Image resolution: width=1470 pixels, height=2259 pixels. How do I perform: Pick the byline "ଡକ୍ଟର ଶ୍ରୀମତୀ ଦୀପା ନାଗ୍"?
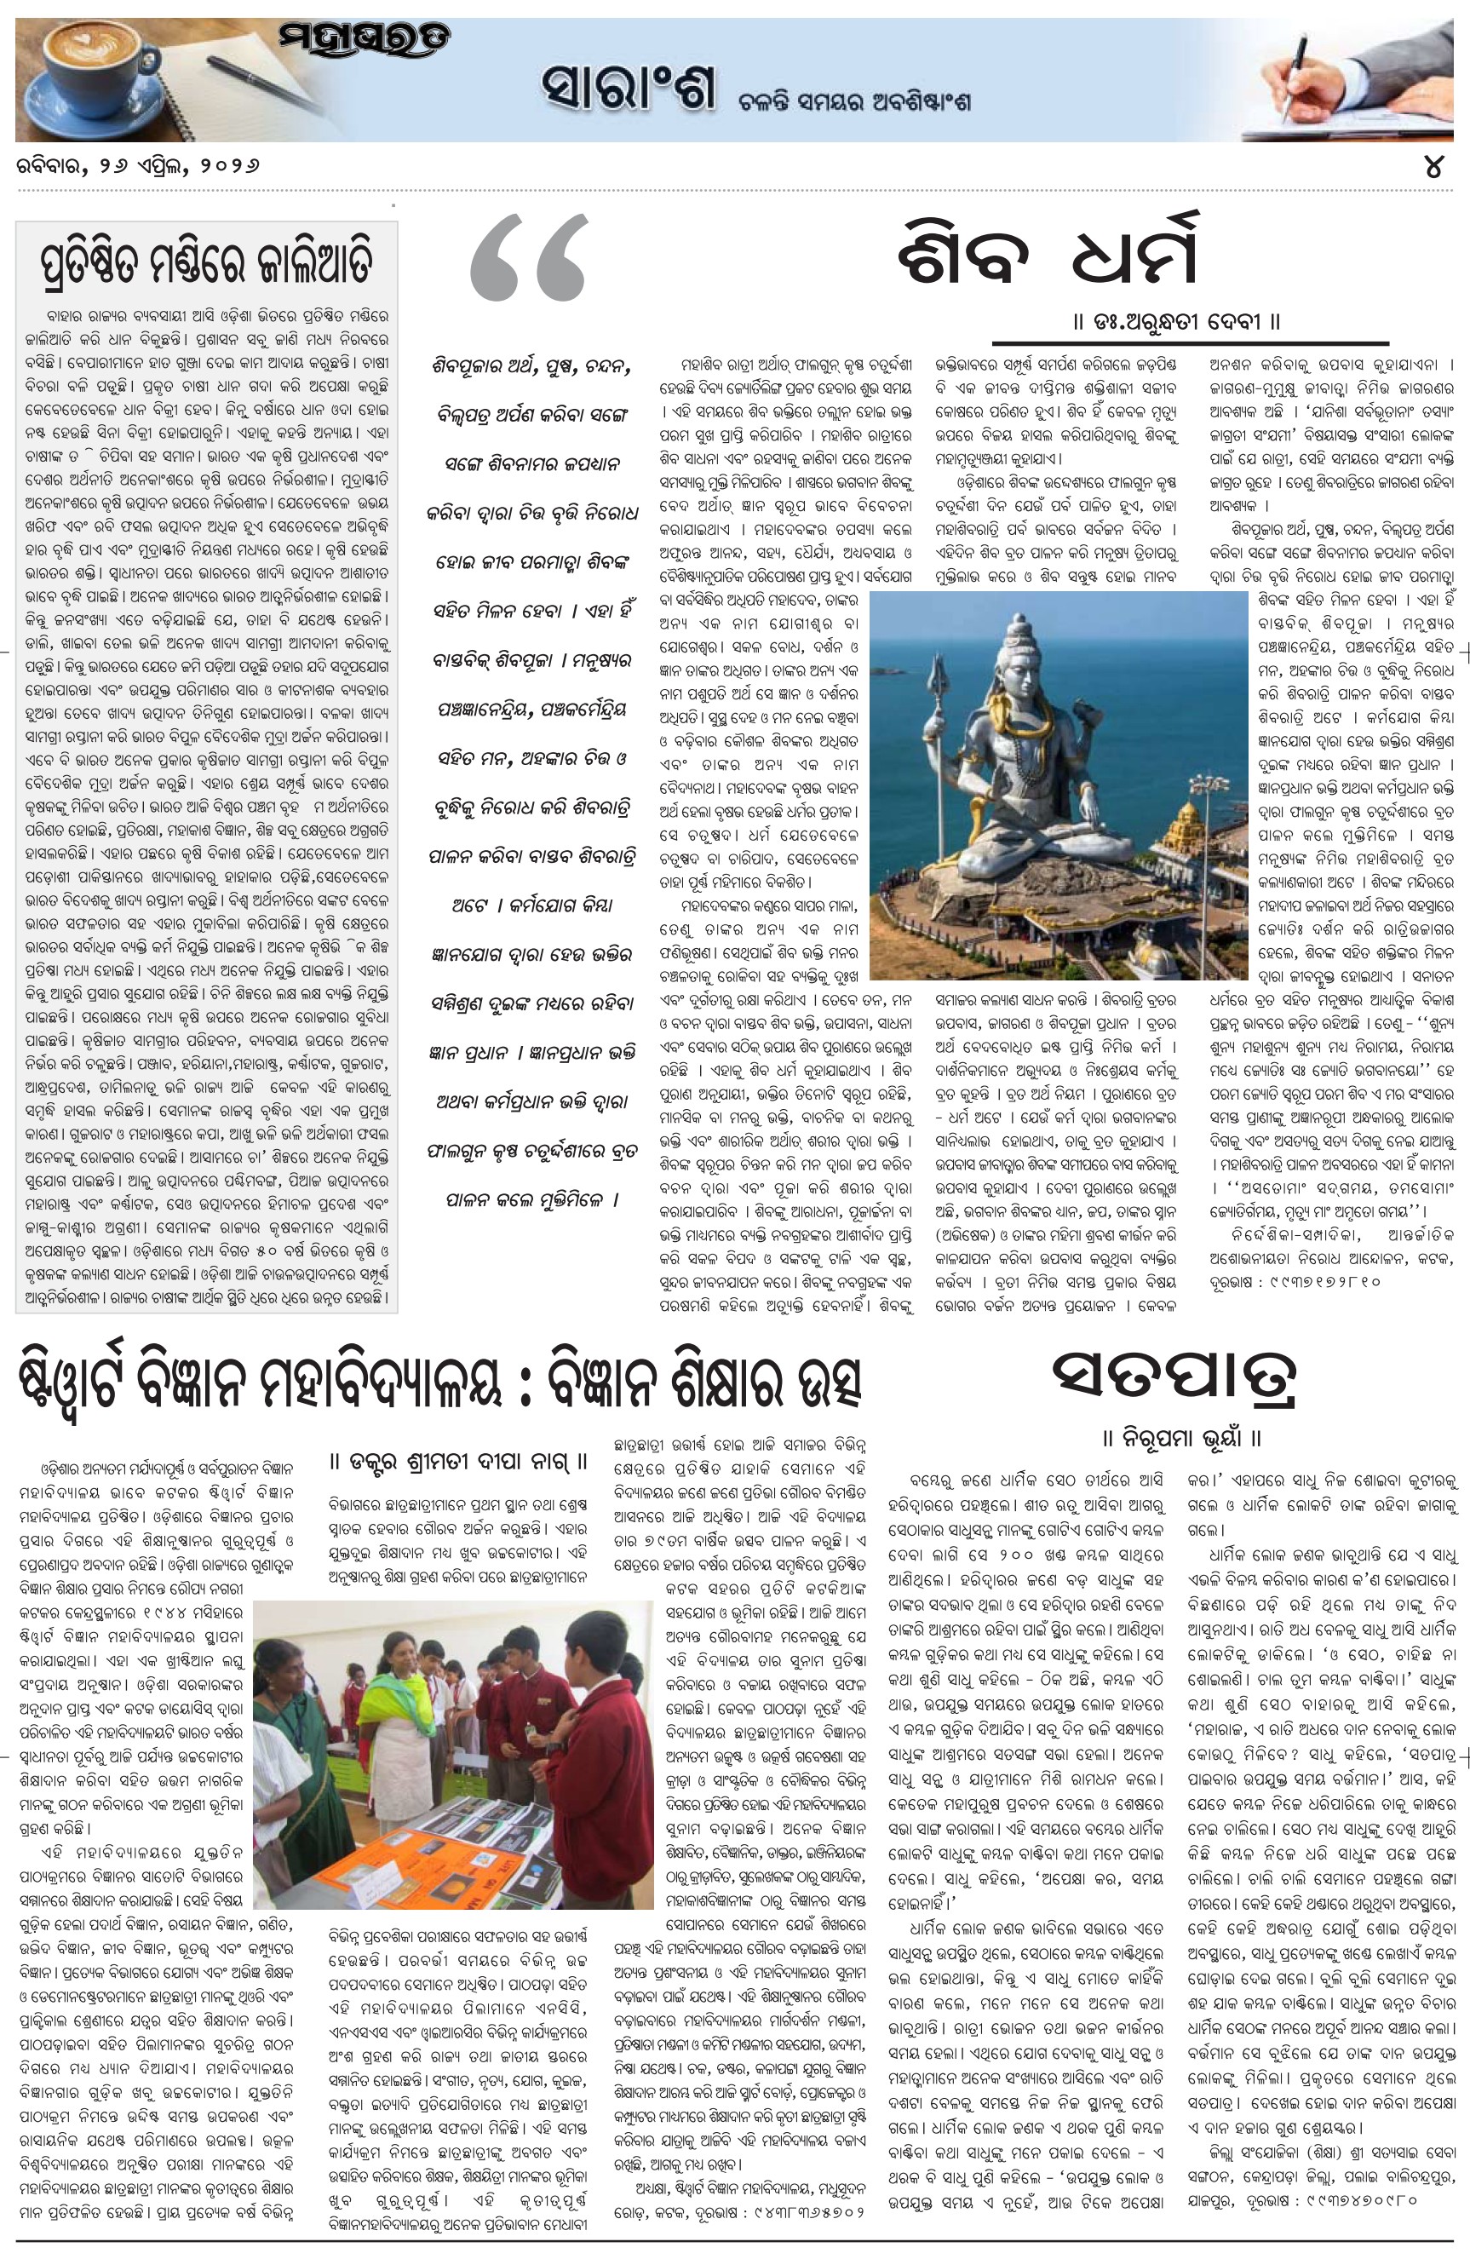click(459, 1461)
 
